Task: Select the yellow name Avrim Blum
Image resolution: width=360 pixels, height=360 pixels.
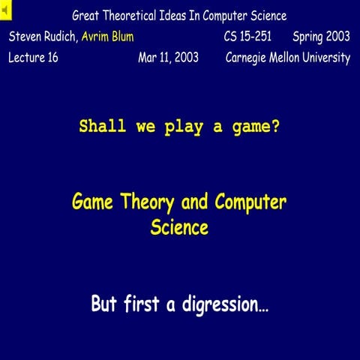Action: point(108,36)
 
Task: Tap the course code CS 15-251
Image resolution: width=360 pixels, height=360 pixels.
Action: point(247,36)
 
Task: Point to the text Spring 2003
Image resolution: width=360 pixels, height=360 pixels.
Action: point(321,36)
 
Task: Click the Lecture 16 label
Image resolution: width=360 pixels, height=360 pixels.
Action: point(33,58)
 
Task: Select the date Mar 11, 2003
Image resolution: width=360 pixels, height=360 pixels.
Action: point(169,58)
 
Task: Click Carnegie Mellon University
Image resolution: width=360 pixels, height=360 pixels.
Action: point(288,58)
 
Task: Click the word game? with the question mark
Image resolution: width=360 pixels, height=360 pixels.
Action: point(258,127)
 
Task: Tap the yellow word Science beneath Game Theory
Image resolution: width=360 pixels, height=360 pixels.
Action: point(179,227)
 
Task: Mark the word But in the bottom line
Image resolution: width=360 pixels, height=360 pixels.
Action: point(104,304)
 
